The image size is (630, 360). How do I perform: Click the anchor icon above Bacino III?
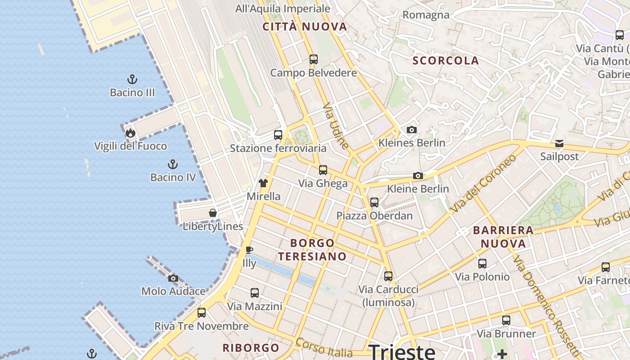click(x=132, y=80)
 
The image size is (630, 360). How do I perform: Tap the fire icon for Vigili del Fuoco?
click(x=130, y=133)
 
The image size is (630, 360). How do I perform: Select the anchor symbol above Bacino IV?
click(x=173, y=164)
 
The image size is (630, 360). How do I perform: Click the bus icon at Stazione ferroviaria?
click(x=278, y=135)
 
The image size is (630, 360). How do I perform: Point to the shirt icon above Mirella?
click(x=263, y=183)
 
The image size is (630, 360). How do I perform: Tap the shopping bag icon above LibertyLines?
click(x=213, y=213)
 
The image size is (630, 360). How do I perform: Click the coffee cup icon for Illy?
click(x=249, y=250)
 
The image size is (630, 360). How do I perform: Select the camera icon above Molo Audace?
click(x=173, y=278)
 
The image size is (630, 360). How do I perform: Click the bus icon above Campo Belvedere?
click(x=314, y=59)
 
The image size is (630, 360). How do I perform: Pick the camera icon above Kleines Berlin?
click(x=412, y=130)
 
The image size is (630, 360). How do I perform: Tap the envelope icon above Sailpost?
click(x=559, y=144)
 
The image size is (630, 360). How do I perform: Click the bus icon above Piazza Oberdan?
click(x=374, y=202)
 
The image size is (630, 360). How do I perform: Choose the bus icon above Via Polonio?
click(x=482, y=263)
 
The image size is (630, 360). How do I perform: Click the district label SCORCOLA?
click(x=446, y=61)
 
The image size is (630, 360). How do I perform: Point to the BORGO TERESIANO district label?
click(x=312, y=250)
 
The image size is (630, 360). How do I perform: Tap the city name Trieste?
click(x=402, y=351)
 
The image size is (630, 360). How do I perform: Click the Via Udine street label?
click(x=336, y=126)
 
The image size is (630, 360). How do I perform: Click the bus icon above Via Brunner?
click(x=506, y=320)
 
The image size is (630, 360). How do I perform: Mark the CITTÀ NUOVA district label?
click(x=305, y=27)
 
